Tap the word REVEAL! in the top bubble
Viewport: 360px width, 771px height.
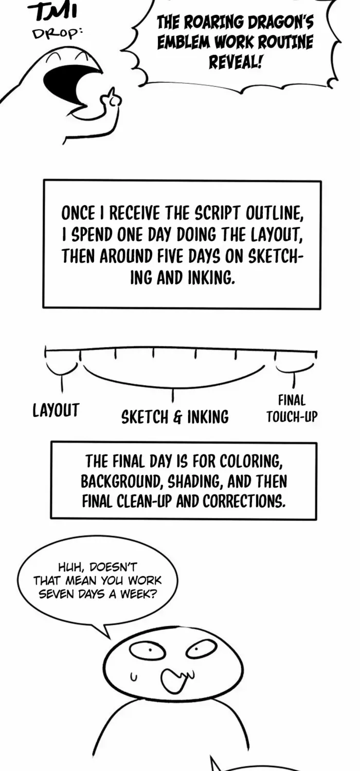pyautogui.click(x=236, y=62)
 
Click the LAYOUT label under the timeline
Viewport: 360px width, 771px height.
pyautogui.click(x=56, y=410)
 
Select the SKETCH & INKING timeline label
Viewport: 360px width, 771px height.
pyautogui.click(x=175, y=417)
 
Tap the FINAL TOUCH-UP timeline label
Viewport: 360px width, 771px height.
pyautogui.click(x=292, y=409)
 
